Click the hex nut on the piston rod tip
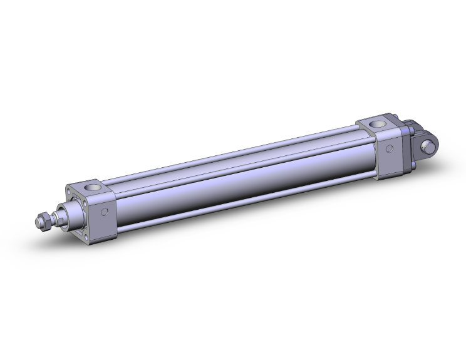(x=44, y=221)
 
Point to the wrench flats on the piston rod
(x=56, y=217)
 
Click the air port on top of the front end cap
(x=91, y=186)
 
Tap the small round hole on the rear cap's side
(x=390, y=149)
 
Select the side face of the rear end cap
(x=390, y=153)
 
